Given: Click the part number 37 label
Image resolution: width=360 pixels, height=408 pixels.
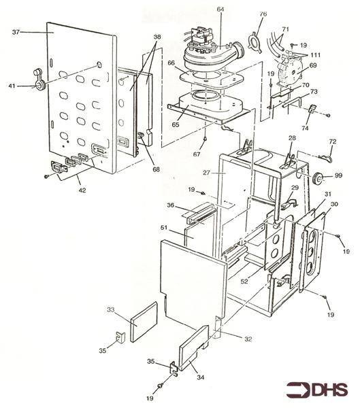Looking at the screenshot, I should point(16,32).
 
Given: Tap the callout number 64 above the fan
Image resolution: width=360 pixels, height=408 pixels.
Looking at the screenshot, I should point(220,9).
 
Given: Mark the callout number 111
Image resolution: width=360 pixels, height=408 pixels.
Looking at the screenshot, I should point(316,54).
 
